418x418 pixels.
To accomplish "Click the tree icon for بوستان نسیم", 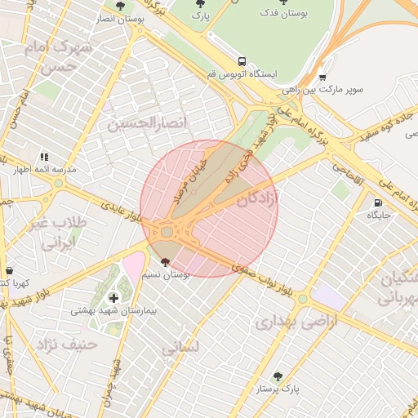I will point(167,263).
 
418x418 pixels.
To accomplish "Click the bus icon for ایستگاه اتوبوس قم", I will point(242,61).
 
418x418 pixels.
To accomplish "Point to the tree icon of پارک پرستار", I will point(278,376).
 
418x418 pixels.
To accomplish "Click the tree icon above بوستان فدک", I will point(283,2).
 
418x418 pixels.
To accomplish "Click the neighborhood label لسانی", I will point(180,349).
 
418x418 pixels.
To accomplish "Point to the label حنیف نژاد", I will point(65,344).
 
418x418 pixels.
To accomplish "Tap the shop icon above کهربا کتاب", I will point(9,270).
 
